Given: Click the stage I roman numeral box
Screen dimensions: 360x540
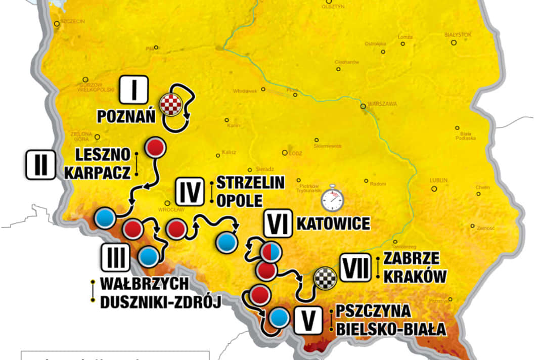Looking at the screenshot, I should (x=134, y=90).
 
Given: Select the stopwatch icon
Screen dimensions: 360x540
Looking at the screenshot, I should (x=332, y=199).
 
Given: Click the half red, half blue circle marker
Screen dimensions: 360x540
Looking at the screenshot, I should (x=269, y=251).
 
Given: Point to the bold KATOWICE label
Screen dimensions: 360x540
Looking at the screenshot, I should (x=333, y=223).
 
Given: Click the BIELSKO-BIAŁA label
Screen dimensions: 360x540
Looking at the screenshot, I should (x=389, y=330).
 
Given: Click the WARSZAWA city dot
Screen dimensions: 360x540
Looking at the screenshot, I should (x=363, y=107).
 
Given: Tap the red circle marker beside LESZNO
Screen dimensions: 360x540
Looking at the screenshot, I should (x=156, y=147).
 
